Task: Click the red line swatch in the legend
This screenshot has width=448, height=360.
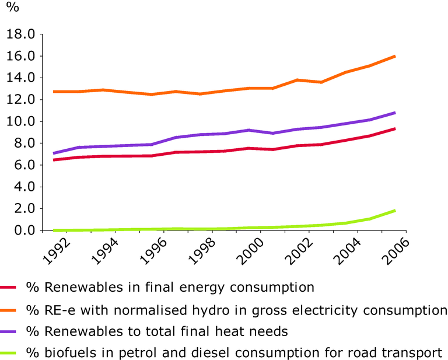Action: (x=10, y=288)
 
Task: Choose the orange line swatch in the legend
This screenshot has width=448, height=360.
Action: (x=10, y=310)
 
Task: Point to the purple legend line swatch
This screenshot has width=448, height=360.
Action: (x=10, y=331)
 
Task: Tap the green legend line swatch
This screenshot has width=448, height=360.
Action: (x=10, y=353)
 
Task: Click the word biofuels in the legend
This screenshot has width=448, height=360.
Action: (x=60, y=352)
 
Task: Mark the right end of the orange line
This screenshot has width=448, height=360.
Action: (x=395, y=56)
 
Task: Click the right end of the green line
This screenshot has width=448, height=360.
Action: (x=395, y=210)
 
